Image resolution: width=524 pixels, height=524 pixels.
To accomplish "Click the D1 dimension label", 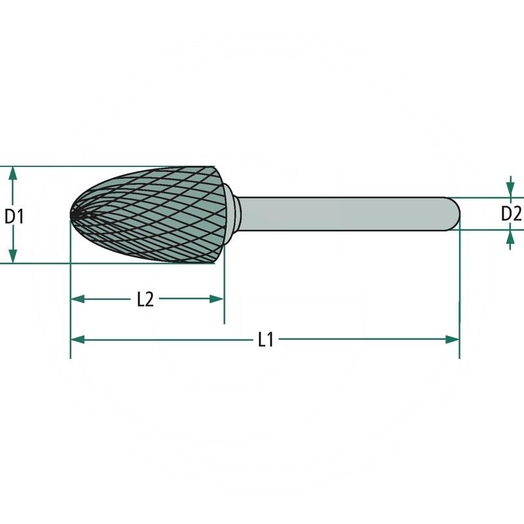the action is [14, 217].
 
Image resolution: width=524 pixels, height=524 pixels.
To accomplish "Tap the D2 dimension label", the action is [511, 214].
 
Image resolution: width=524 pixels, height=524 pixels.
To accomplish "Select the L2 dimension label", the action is [145, 299].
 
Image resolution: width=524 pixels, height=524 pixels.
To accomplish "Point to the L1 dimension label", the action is [266, 340].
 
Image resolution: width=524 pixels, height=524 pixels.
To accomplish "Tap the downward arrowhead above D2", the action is [510, 191].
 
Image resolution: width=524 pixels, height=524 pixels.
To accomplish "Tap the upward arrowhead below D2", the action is [510, 237].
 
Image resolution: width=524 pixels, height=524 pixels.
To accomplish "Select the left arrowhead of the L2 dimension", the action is [78, 299].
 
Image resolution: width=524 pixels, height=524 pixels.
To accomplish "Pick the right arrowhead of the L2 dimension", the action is [217, 299].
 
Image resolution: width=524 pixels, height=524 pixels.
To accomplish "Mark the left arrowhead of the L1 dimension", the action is [78, 340].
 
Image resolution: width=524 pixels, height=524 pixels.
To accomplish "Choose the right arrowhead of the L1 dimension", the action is [452, 340].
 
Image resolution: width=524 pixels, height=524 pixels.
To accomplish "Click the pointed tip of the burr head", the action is [71, 214].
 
